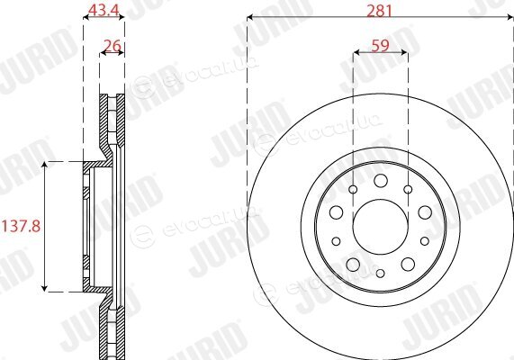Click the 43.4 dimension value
104,11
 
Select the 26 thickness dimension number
113,46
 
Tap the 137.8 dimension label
22,226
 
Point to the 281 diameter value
380,11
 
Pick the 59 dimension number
380,46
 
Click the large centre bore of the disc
380,227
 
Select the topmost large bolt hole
381,181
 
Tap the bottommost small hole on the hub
380,273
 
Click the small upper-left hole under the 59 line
353,189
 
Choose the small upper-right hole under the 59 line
408,189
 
